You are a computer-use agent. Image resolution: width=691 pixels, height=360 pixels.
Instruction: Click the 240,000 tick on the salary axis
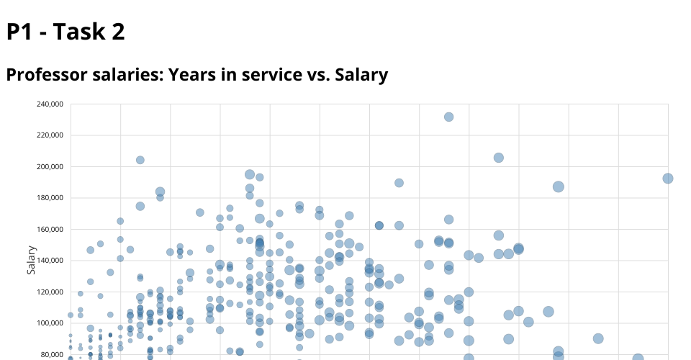[x=50, y=104]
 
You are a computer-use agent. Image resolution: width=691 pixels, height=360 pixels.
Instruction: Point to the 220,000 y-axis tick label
[x=50, y=135]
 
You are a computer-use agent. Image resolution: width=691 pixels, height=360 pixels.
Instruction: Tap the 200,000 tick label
[x=50, y=166]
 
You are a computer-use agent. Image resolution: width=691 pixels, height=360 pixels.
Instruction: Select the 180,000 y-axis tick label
[x=50, y=198]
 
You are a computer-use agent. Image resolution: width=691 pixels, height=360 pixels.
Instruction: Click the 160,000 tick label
[x=50, y=229]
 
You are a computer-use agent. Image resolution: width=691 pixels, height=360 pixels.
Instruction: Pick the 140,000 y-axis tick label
[x=50, y=260]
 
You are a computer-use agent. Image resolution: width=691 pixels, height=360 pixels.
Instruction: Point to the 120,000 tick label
[x=50, y=292]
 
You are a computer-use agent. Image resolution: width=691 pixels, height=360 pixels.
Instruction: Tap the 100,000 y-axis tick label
[x=50, y=323]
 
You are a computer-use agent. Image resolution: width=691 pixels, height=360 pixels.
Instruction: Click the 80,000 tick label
[x=52, y=354]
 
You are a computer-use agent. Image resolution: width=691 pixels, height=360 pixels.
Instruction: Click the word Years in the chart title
[x=192, y=74]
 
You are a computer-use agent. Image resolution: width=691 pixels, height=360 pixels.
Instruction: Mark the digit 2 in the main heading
[x=117, y=32]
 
